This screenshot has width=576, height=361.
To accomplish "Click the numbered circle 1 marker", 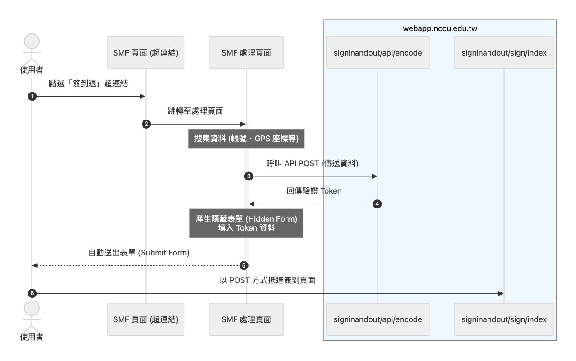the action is (x=32, y=97).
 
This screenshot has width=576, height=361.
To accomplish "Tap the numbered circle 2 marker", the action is (x=146, y=124).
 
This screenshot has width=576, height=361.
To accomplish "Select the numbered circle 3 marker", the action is (x=249, y=176).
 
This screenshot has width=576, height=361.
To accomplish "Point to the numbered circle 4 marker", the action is (x=377, y=204).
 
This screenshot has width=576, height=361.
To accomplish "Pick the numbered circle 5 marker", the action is (x=244, y=265).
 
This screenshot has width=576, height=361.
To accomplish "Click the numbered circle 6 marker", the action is (x=32, y=293).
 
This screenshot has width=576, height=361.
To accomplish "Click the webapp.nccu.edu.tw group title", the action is (x=440, y=28).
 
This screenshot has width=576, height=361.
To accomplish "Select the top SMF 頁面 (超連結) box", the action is (x=146, y=52).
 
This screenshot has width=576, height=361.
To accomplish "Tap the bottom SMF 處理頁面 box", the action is (x=246, y=319).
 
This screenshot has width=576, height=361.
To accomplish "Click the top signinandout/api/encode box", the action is (x=378, y=52).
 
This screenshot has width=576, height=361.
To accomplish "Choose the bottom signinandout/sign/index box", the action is (x=504, y=319).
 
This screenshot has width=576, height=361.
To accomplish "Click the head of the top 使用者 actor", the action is (x=32, y=41).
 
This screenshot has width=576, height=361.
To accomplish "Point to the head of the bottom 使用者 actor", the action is (x=32, y=308).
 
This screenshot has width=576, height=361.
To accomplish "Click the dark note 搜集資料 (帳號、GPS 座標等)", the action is (x=246, y=139).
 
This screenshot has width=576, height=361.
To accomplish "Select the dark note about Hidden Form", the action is (x=246, y=223).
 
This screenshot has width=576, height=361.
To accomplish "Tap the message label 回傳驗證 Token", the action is (x=314, y=191).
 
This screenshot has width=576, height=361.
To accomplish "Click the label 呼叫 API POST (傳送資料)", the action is (x=313, y=163).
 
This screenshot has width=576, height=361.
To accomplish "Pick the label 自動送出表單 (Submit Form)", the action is (x=139, y=253).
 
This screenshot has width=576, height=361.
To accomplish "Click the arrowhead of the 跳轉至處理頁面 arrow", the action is (x=243, y=124).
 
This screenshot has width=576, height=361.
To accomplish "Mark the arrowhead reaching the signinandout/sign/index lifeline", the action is (x=501, y=293).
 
